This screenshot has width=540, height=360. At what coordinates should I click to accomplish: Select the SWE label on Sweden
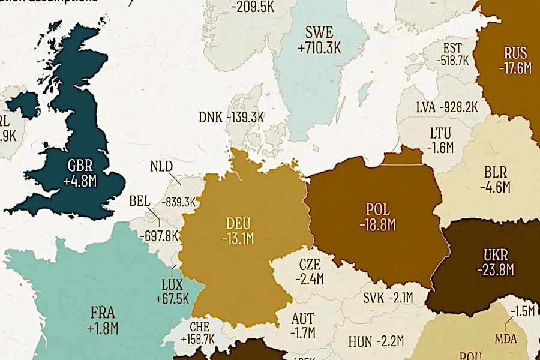click(x=319, y=32)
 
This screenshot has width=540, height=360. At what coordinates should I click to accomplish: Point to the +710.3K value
click(x=319, y=47)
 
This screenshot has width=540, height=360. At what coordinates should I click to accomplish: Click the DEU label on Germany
click(x=239, y=223)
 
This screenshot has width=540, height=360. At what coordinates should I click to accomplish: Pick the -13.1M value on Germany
click(x=239, y=239)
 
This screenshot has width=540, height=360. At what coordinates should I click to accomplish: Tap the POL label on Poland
click(x=377, y=210)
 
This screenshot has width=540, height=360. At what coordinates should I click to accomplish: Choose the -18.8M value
click(x=377, y=226)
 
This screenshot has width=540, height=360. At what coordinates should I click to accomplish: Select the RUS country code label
click(x=515, y=53)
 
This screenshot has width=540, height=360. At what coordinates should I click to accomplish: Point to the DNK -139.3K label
click(x=231, y=117)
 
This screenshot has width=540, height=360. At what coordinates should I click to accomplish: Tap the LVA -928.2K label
click(x=447, y=107)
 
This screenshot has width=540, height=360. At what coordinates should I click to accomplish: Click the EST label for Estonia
click(x=453, y=48)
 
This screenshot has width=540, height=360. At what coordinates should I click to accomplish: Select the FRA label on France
click(x=103, y=313)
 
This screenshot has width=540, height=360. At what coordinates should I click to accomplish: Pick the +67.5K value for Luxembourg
click(x=172, y=299)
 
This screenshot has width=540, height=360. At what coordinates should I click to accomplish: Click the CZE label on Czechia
click(x=310, y=264)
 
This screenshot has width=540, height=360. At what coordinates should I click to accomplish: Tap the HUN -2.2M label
click(x=376, y=343)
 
